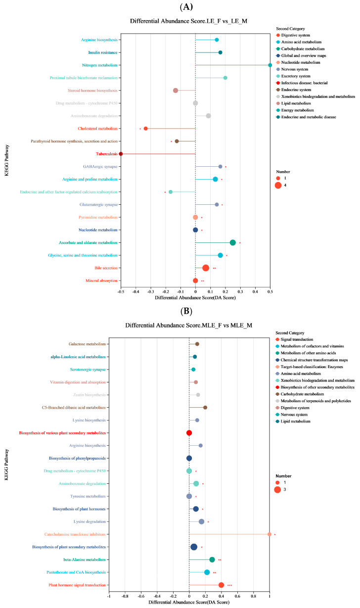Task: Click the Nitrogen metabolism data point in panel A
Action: tap(270, 65)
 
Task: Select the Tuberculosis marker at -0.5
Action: tap(121, 154)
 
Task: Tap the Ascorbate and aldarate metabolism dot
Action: tap(232, 243)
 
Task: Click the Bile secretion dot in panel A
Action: tap(206, 268)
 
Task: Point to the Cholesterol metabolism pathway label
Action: tap(97, 129)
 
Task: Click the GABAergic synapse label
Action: tap(100, 167)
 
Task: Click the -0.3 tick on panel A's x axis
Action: tap(150, 291)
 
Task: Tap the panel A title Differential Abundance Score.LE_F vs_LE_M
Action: tap(188, 21)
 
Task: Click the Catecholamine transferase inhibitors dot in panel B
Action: tap(270, 534)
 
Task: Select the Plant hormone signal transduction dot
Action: tap(221, 585)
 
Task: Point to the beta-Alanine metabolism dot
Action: tap(212, 560)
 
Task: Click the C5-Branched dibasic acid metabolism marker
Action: tap(205, 408)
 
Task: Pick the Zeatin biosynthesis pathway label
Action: tap(89, 395)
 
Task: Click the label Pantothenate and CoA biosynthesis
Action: tap(76, 572)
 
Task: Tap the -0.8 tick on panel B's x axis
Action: tap(125, 596)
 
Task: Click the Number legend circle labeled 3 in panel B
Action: tap(277, 489)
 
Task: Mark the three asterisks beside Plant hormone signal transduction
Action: tap(229, 585)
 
